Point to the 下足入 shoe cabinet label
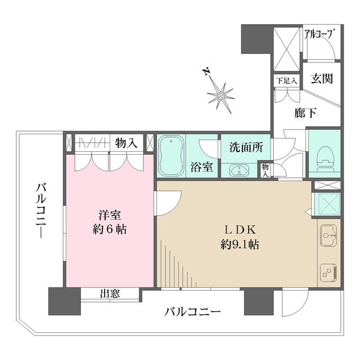coord(283,80)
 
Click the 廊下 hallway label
coord(305,113)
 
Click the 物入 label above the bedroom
coord(127,142)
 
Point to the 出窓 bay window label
coord(109,293)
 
